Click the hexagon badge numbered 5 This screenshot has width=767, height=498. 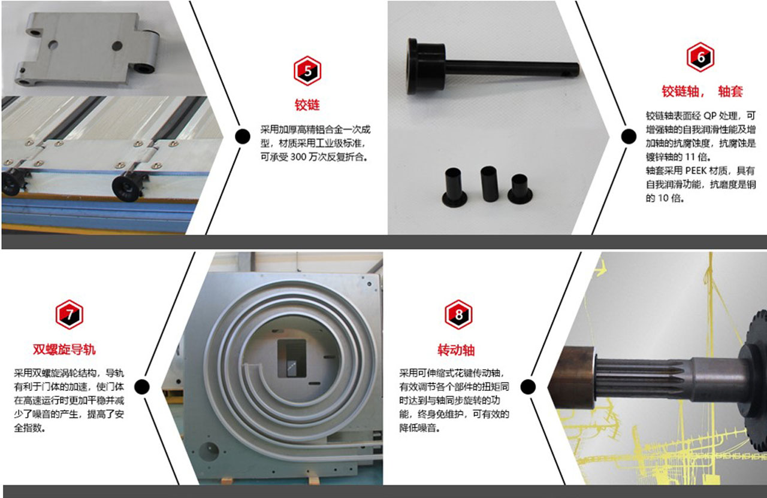click(x=307, y=71)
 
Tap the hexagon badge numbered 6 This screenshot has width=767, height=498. click(x=700, y=57)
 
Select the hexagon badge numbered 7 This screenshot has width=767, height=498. click(x=70, y=314)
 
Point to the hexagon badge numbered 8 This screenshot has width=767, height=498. click(x=458, y=314)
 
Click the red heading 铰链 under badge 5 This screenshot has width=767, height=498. click(x=307, y=105)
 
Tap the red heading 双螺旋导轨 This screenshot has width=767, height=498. click(x=64, y=350)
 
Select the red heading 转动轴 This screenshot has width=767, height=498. click(x=456, y=350)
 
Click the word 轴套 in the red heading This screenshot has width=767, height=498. click(x=730, y=92)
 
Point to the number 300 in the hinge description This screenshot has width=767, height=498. click(x=298, y=157)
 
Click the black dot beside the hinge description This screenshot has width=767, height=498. click(x=243, y=136)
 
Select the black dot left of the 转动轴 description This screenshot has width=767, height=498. click(x=528, y=387)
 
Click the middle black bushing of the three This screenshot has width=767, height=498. click(x=489, y=184)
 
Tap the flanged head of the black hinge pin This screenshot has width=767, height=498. click(x=425, y=66)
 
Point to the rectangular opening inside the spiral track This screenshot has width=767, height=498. click(x=291, y=358)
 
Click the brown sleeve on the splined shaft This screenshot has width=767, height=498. click(x=572, y=377)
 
